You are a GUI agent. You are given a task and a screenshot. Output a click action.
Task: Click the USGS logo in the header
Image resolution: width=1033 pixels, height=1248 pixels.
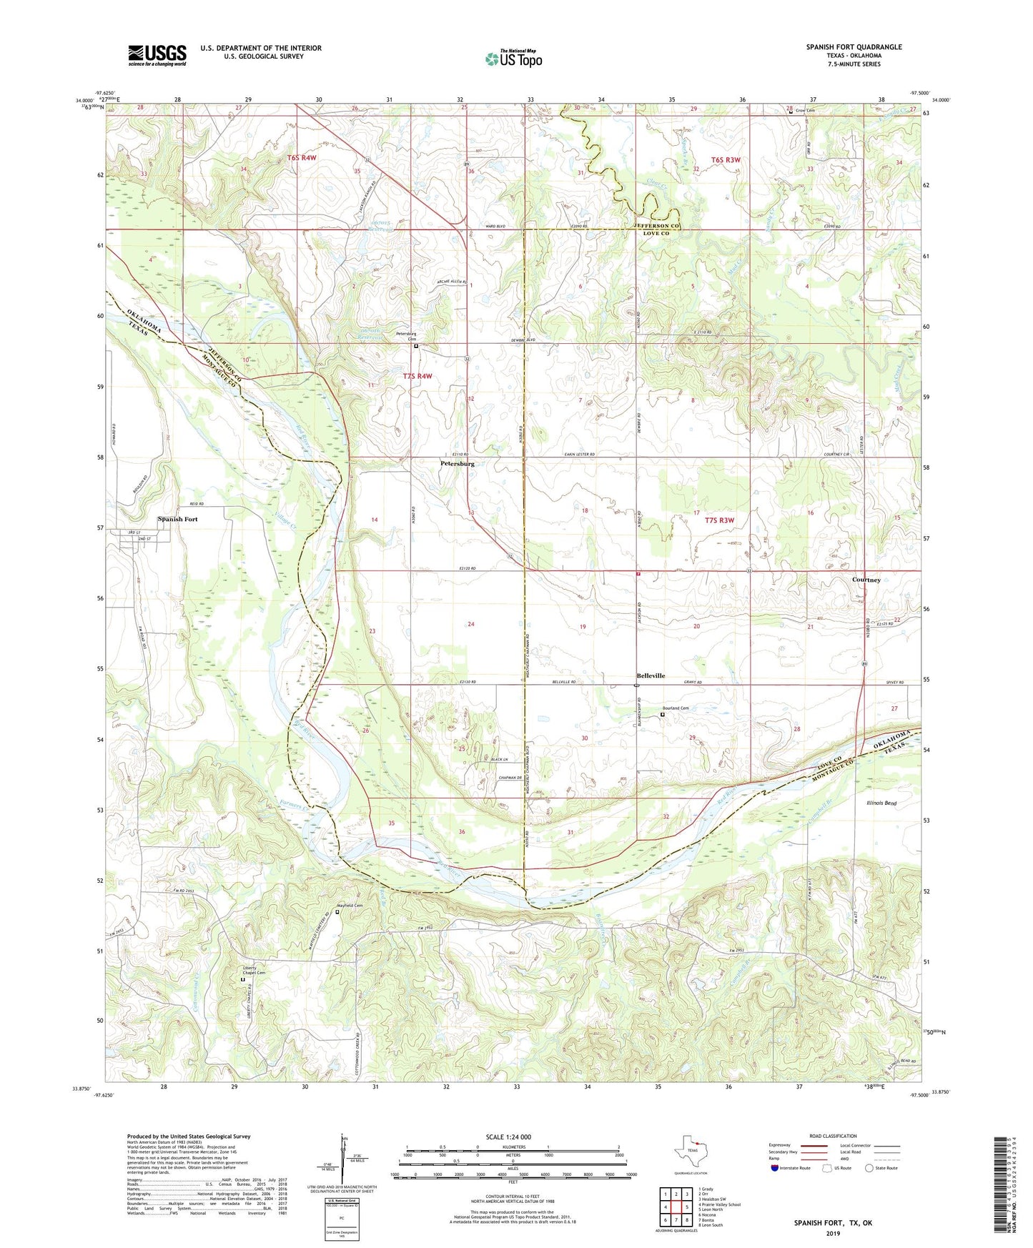click(x=157, y=55)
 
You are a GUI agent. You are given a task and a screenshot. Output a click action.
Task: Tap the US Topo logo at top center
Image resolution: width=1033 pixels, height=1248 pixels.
click(x=513, y=59)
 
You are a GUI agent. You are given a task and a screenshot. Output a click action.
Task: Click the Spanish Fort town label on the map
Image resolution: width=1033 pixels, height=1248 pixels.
click(x=177, y=519)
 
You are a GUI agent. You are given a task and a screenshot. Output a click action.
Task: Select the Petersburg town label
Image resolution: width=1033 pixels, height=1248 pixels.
click(x=458, y=464)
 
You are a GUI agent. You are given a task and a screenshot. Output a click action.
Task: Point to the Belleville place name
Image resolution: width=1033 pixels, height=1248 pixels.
click(x=651, y=675)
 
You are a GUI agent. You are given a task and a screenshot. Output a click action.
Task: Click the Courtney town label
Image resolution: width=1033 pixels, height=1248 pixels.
click(x=866, y=580)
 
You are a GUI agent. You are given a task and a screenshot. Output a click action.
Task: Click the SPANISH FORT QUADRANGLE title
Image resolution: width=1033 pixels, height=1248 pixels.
click(x=854, y=47)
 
